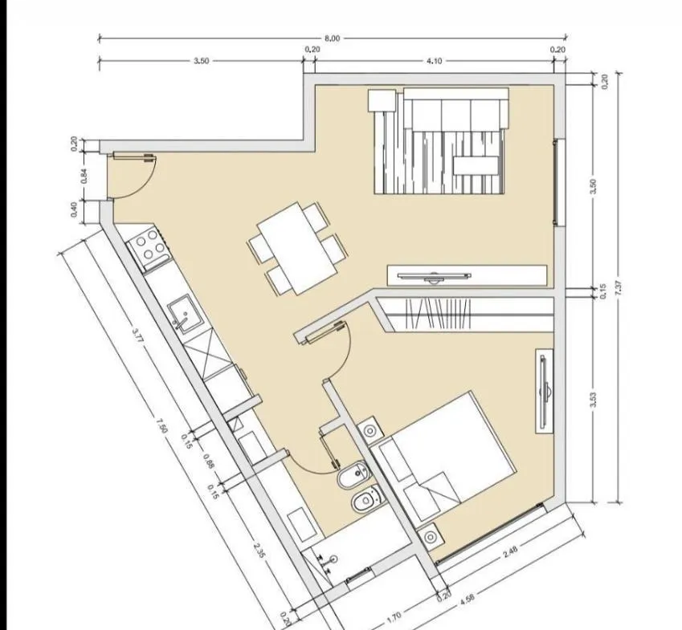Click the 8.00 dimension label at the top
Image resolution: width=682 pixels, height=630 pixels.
click(332, 39)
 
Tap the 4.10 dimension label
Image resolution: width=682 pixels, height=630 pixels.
click(434, 61)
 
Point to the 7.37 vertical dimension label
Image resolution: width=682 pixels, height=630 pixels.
click(619, 288)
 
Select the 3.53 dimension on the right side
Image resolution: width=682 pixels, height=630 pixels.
click(594, 400)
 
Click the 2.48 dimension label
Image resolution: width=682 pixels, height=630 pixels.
click(510, 552)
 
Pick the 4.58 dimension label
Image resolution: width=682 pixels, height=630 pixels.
click(467, 600)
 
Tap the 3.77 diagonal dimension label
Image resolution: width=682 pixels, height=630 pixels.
click(138, 335)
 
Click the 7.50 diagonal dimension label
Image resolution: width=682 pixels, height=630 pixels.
click(161, 425)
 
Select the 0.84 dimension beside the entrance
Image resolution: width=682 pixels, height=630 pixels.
click(85, 176)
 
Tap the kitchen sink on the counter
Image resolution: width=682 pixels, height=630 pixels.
click(186, 314)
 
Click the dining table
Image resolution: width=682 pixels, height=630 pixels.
click(297, 248)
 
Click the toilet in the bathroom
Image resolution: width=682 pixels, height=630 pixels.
click(367, 499)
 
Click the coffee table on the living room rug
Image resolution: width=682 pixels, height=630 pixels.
click(476, 165)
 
